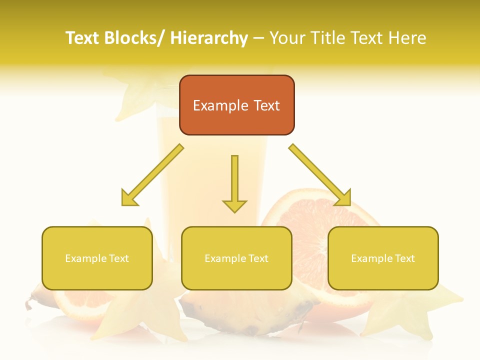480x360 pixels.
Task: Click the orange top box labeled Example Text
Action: [236, 105]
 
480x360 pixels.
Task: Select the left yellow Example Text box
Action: [97, 258]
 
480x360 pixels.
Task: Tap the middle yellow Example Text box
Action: [236, 258]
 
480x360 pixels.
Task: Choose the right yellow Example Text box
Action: [383, 258]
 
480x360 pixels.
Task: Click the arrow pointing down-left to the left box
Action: [152, 175]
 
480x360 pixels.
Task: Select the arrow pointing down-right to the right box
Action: [320, 175]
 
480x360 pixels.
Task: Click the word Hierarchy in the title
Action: [209, 38]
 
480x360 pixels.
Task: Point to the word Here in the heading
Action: [407, 38]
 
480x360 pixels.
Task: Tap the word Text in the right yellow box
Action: [404, 258]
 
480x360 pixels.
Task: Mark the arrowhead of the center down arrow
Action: [234, 205]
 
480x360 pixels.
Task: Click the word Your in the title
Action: [286, 38]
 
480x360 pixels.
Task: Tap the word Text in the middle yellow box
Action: [258, 258]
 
